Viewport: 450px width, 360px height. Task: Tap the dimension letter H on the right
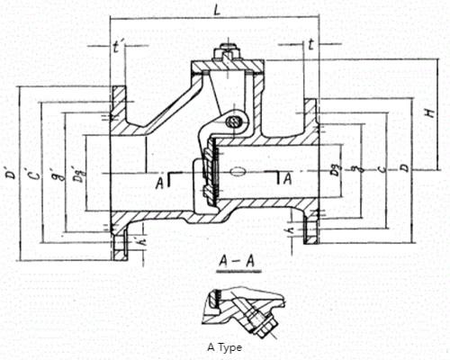(432, 112)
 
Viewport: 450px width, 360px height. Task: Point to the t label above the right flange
(310, 42)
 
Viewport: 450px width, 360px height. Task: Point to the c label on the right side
(382, 167)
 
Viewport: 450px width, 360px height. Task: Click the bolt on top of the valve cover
(224, 51)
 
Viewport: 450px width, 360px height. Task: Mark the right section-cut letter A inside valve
(286, 179)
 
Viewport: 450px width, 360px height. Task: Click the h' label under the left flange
(134, 242)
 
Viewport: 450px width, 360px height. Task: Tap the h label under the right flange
(289, 234)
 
